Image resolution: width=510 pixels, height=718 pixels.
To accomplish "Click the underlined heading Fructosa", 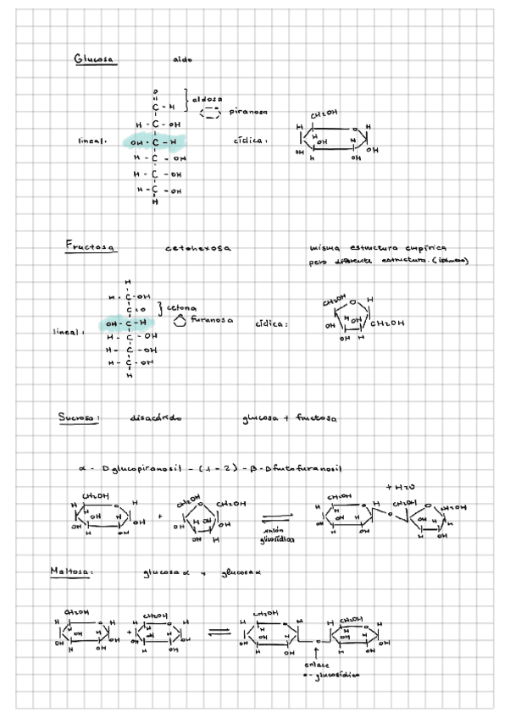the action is (x=91, y=246).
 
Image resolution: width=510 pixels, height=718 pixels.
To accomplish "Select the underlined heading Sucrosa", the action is (x=80, y=417).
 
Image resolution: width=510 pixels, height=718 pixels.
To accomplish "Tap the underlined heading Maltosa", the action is (x=70, y=573).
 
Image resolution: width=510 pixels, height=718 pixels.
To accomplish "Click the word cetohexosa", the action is (x=198, y=248).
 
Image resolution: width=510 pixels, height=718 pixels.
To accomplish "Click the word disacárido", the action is (x=158, y=418).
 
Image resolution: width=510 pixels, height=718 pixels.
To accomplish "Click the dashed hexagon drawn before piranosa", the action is (x=211, y=111).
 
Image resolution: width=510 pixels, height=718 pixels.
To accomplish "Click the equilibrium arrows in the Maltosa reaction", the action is (x=219, y=631).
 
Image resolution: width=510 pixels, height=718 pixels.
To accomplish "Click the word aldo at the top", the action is (x=182, y=60).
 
